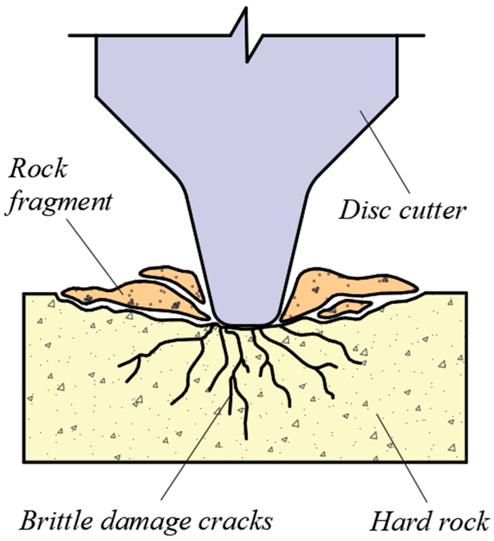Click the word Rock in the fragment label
[x=38, y=169]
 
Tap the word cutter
[x=433, y=210]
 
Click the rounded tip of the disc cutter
[x=247, y=321]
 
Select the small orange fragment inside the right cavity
[x=345, y=308]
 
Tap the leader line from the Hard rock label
[x=402, y=458]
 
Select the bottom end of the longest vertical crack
[x=246, y=438]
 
